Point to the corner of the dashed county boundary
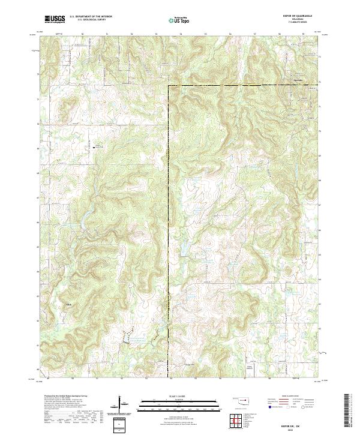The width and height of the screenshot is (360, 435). pos(169,86)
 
